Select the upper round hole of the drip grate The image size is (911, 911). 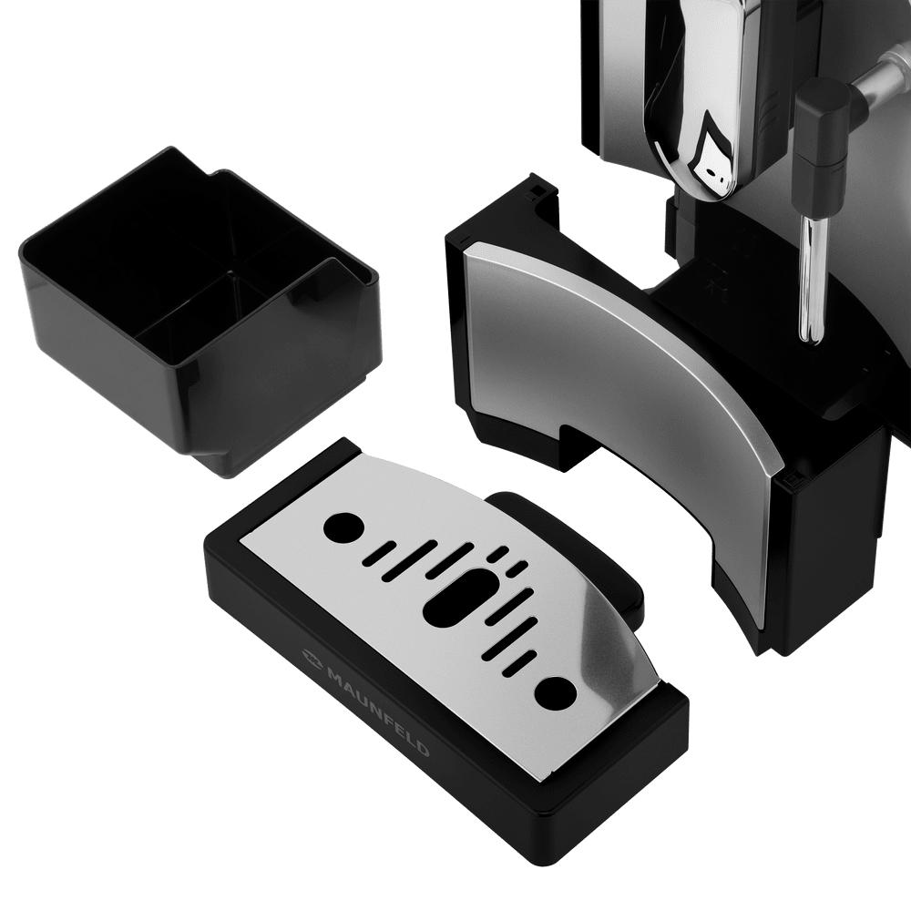click(344, 527)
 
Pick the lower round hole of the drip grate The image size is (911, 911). click(556, 692)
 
